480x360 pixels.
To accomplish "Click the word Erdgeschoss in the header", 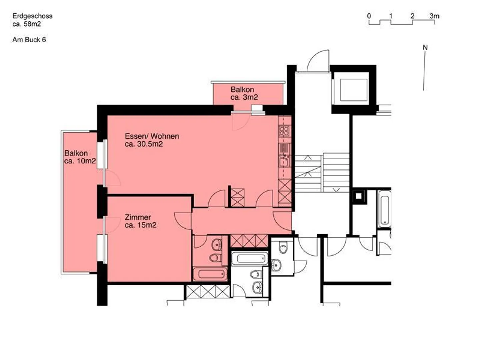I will pos(32,16).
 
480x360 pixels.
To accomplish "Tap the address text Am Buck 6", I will pos(29,40).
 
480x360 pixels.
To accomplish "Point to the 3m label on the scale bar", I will pos(434,16).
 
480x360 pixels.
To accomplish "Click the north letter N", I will pos(425,48).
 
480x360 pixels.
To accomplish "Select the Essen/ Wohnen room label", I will pos(152,136).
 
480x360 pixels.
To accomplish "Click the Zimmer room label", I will pos(138,217).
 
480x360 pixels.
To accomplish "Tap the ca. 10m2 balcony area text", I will pos(80,161).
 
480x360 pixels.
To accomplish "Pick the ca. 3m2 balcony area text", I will pos(244,97).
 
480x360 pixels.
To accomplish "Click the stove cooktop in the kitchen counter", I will pos(284,130).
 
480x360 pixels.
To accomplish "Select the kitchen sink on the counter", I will pos(284,162).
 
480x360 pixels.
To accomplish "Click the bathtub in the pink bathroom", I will pos(210,274).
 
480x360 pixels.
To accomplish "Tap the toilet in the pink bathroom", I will pos(215,257).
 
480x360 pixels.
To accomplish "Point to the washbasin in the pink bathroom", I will pos(217,245).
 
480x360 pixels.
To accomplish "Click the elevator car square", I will pos(353,90).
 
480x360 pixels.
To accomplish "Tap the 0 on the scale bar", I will pos(369,16).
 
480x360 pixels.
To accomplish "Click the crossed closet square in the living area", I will pos(237,197).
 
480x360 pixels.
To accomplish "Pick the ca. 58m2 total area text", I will pos(27,24).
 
